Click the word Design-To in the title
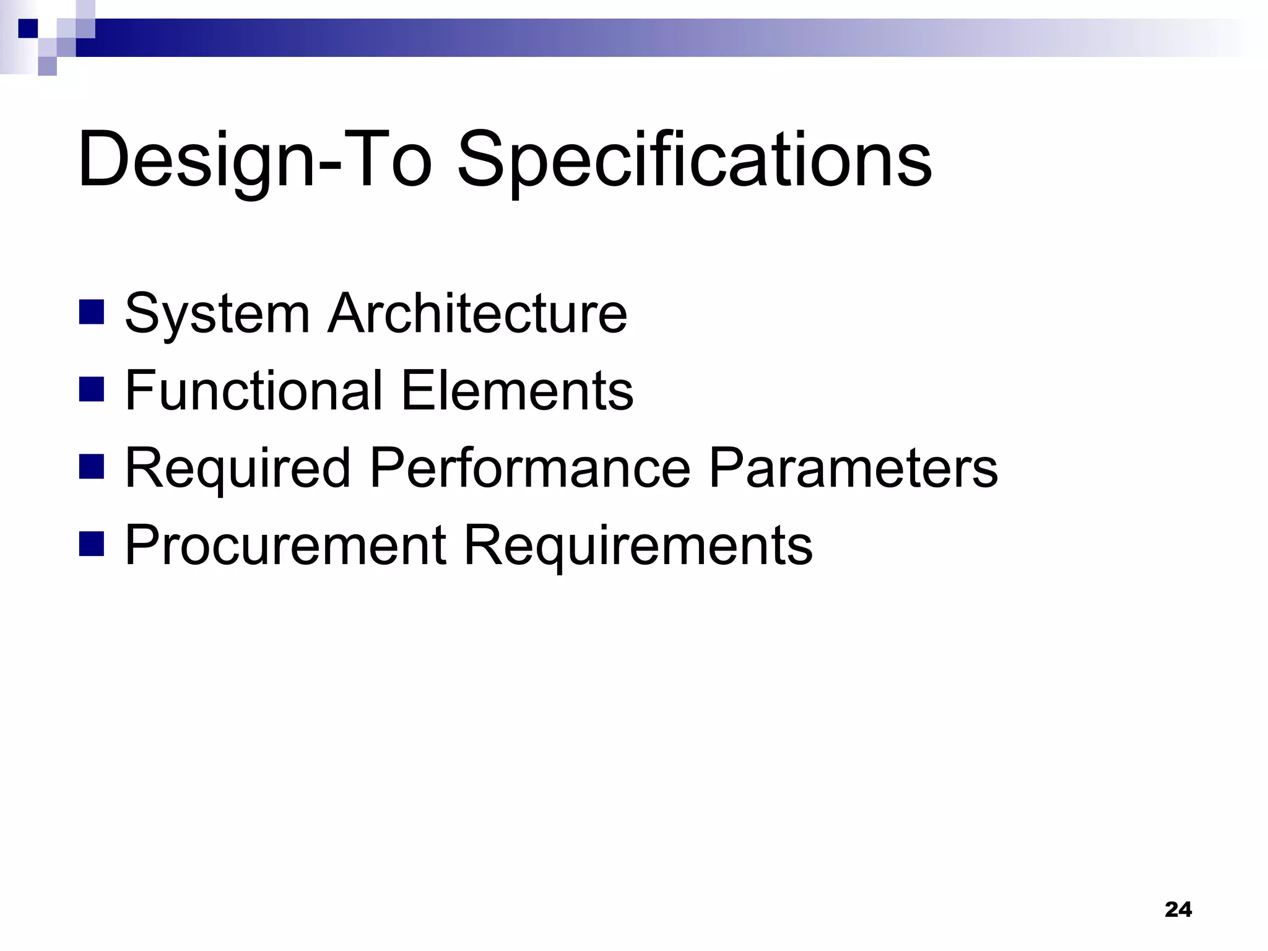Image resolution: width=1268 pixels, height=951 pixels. (254, 160)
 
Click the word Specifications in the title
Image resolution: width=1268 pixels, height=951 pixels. (693, 160)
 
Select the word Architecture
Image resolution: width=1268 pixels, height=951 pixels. (477, 314)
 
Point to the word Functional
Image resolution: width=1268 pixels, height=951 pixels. (253, 391)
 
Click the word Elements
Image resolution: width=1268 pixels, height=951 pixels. (518, 391)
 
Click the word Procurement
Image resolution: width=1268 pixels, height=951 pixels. (285, 545)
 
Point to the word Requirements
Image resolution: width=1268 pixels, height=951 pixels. (638, 545)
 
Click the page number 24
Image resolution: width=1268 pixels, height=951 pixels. (1178, 910)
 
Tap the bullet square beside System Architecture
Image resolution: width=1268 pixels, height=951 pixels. (92, 313)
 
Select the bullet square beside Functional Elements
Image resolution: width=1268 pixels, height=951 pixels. (92, 390)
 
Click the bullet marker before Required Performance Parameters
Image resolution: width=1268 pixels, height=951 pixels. (92, 467)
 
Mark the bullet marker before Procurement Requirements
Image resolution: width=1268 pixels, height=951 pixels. (92, 544)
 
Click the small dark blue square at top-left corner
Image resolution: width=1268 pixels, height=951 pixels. (28, 28)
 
